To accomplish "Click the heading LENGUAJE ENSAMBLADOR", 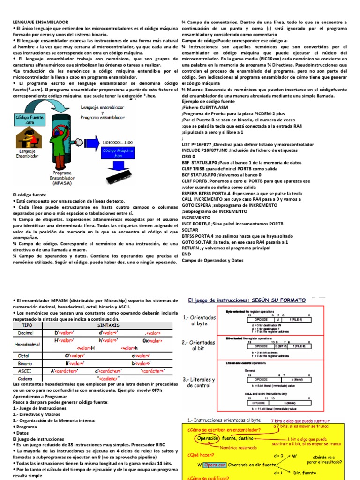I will point(40,22).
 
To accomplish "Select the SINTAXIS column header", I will point(108,324).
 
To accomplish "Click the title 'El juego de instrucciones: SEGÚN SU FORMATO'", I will point(247,300).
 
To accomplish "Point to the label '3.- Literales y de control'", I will point(200,382).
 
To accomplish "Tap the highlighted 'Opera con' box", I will point(215,465).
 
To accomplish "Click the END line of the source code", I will point(186,254).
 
